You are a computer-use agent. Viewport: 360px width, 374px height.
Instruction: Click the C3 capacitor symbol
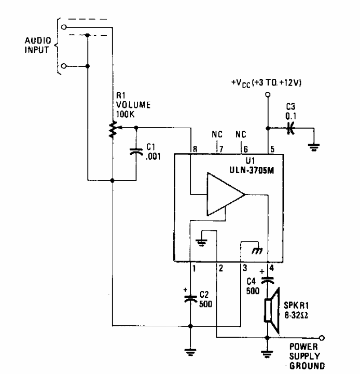292,128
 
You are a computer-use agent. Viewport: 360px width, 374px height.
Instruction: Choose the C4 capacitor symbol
267,280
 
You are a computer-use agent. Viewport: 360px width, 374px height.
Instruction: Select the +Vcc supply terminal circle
267,95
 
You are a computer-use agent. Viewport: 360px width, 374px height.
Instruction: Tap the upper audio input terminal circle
63,26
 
